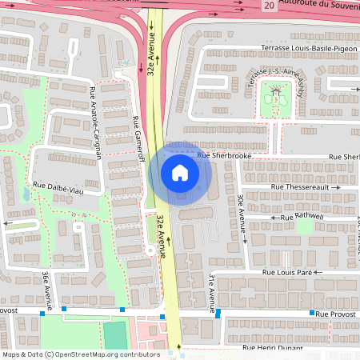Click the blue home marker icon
click(x=180, y=173)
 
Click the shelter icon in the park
click(x=277, y=93)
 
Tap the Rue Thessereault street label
click(x=301, y=186)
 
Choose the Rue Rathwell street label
click(x=302, y=217)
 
